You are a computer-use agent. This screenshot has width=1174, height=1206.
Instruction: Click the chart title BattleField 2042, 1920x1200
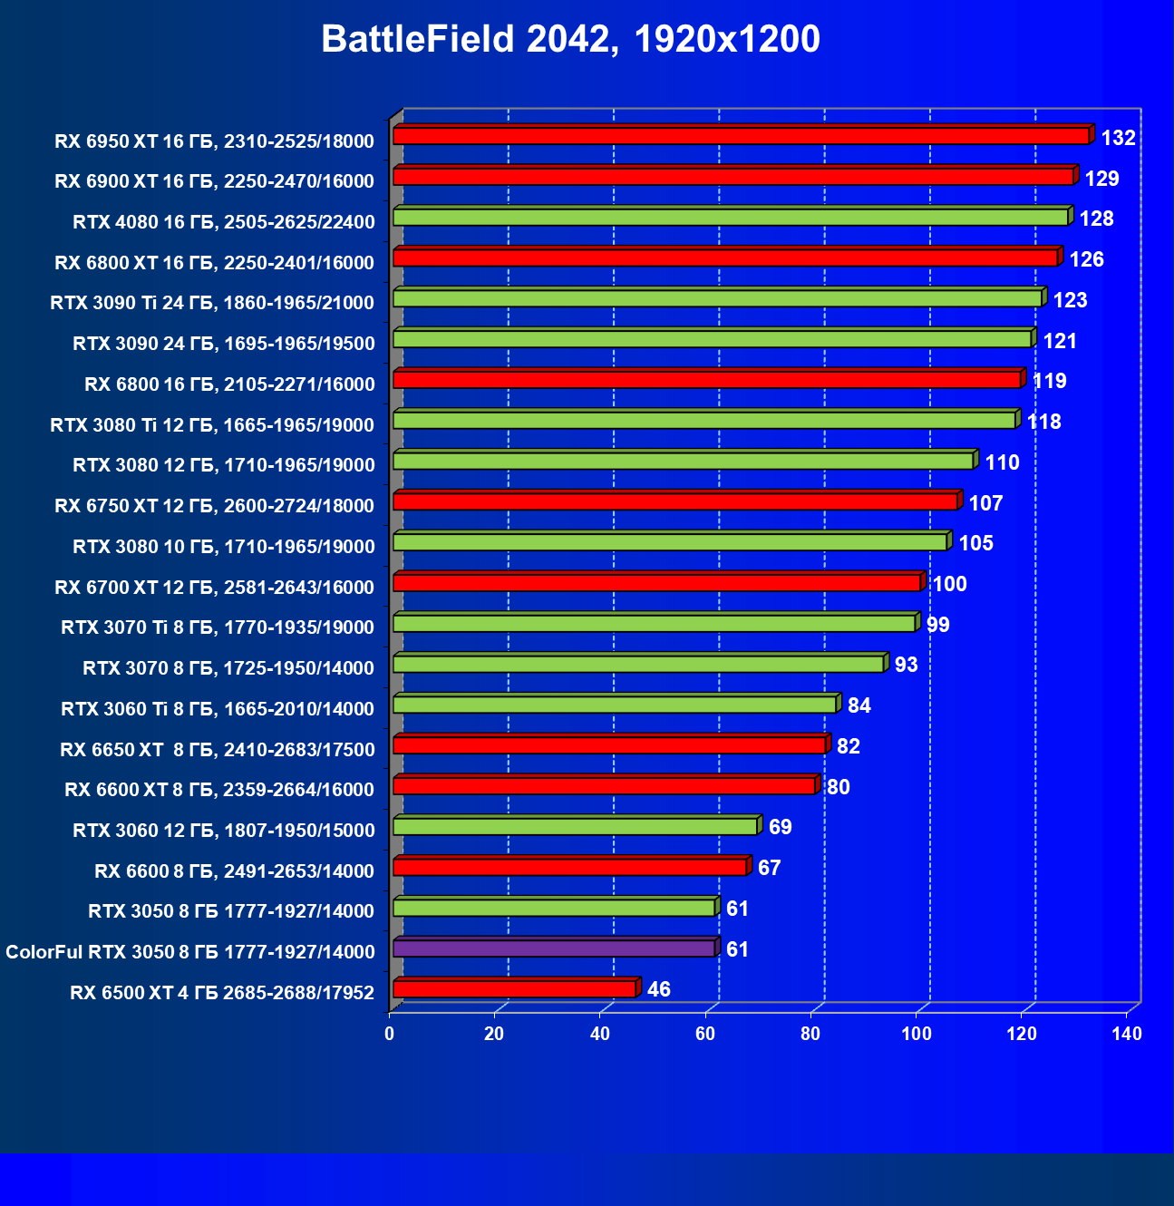(570, 39)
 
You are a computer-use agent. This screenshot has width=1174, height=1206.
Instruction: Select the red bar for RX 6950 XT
(740, 136)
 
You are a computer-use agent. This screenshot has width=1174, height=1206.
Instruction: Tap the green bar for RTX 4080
(730, 218)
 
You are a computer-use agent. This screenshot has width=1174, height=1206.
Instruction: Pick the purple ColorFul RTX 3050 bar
(554, 948)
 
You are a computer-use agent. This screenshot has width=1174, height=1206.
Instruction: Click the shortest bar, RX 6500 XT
(514, 989)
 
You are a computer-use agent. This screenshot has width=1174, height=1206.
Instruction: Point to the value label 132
(1118, 138)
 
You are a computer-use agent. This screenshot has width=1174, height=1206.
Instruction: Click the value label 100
(949, 584)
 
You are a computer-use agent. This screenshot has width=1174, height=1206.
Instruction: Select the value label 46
(659, 989)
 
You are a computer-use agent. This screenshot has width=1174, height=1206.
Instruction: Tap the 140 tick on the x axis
(1127, 1035)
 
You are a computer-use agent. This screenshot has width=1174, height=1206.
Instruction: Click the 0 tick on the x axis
(390, 1035)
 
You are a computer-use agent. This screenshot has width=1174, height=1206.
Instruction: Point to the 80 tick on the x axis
(810, 1035)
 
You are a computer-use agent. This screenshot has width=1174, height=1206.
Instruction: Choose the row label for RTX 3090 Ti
(212, 303)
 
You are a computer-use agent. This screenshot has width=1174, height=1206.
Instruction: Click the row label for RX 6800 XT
(214, 263)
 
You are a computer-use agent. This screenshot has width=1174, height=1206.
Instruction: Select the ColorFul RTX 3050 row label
(189, 952)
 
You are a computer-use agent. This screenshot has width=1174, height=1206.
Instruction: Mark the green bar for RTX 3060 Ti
(614, 705)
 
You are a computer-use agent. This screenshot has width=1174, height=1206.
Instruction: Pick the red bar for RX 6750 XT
(675, 501)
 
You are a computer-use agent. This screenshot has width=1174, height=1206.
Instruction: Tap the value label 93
(906, 665)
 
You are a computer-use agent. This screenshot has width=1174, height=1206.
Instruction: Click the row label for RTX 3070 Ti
(218, 627)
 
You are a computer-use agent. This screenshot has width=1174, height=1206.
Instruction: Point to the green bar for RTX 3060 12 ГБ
(575, 826)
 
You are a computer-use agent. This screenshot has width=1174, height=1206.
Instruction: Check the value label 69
(780, 827)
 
